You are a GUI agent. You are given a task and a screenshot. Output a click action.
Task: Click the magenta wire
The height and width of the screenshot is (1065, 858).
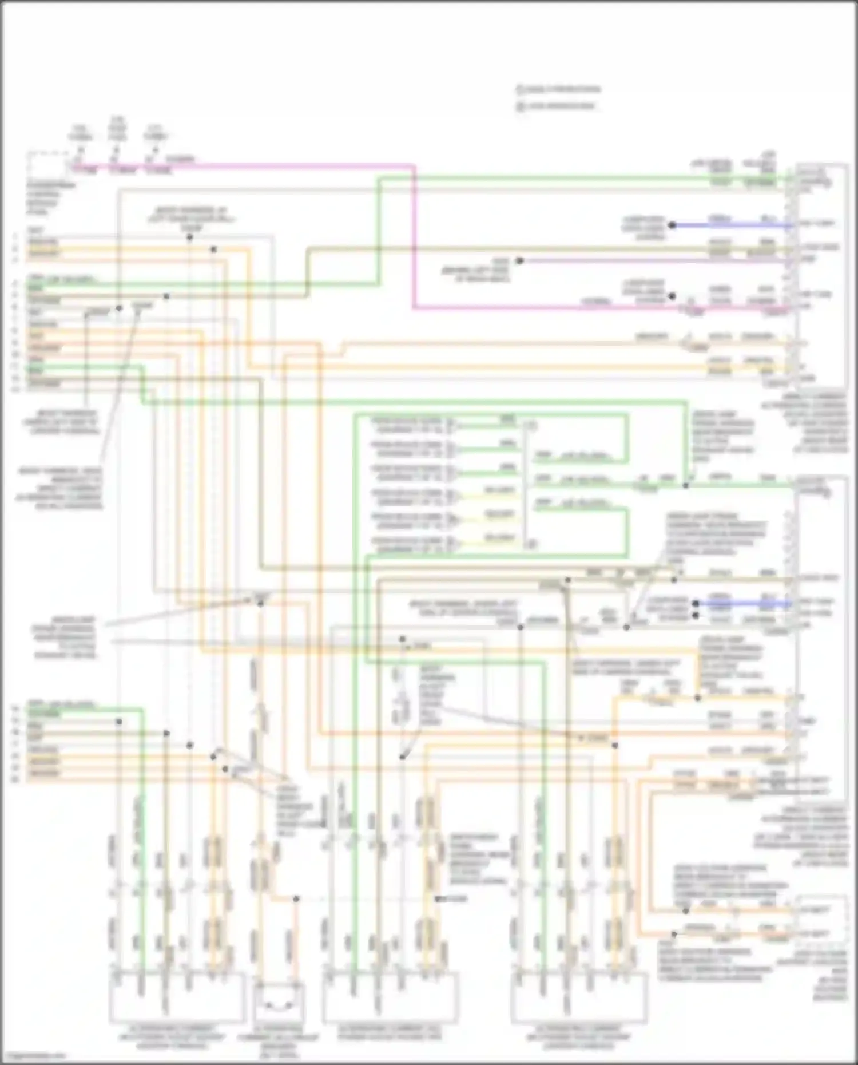[x=414, y=240]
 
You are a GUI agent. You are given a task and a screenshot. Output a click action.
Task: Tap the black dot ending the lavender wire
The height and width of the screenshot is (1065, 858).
[x=519, y=260]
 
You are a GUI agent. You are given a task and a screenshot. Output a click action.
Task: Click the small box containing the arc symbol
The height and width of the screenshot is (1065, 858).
[x=279, y=998]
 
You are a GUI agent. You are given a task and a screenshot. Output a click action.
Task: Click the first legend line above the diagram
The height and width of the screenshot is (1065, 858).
[x=558, y=89]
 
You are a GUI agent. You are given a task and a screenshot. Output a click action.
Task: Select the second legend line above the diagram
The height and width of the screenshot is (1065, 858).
[x=555, y=106]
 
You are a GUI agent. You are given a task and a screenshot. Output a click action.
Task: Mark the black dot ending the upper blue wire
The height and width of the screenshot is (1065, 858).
[x=672, y=225]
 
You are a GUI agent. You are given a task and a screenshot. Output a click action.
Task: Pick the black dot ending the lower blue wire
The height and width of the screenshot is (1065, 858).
[x=695, y=603]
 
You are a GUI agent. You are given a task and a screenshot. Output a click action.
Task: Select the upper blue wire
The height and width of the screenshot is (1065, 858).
[x=732, y=225]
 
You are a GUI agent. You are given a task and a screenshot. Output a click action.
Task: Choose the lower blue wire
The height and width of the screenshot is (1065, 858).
[x=744, y=603]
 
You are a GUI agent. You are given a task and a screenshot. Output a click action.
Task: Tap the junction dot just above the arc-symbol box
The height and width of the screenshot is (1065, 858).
[x=296, y=899]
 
